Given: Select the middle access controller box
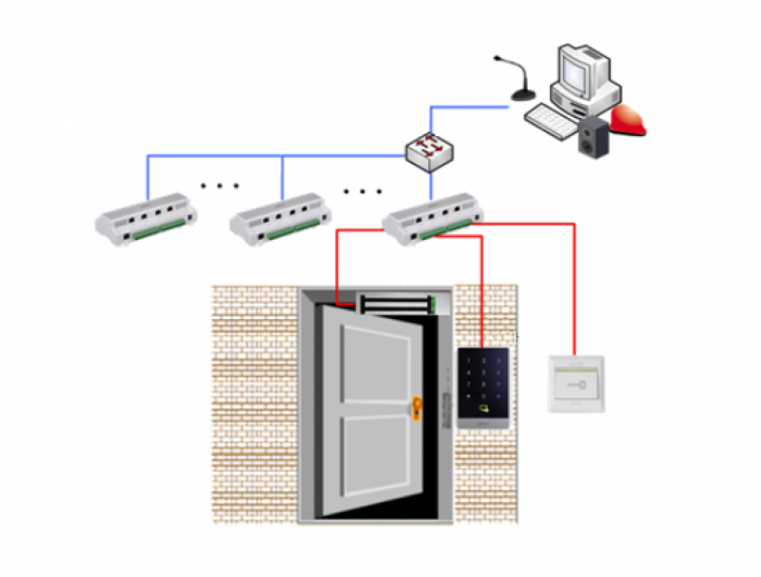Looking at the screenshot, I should [x=281, y=216].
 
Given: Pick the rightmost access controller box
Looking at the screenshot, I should [x=433, y=216].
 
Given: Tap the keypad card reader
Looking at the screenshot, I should [x=483, y=386].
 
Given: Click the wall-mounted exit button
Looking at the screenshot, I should [x=576, y=384].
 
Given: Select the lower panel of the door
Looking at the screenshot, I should [x=373, y=457].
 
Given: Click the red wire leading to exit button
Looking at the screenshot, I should [x=575, y=286].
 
